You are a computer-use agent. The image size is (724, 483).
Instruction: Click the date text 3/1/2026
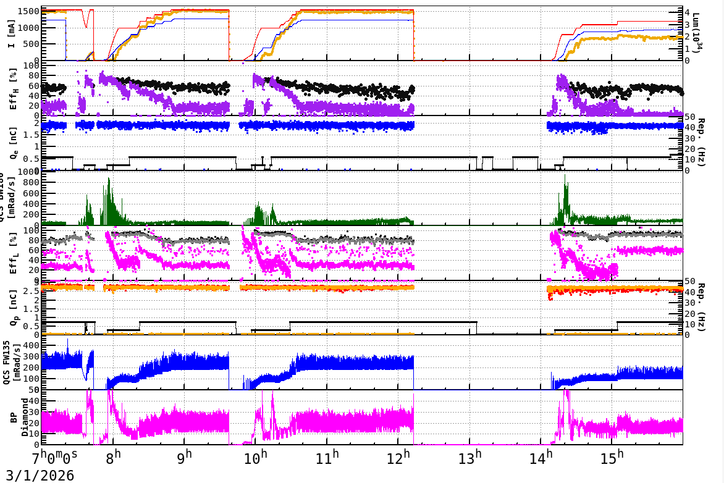pos(37,475)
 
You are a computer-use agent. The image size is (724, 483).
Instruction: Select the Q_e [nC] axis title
pos(11,143)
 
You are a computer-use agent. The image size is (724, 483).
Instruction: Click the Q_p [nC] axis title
pos(11,308)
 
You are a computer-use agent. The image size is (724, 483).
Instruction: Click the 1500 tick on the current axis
pos(30,12)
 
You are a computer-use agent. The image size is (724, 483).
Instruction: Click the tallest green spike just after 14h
pos(565,175)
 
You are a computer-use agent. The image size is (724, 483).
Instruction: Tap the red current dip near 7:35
pos(86,27)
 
